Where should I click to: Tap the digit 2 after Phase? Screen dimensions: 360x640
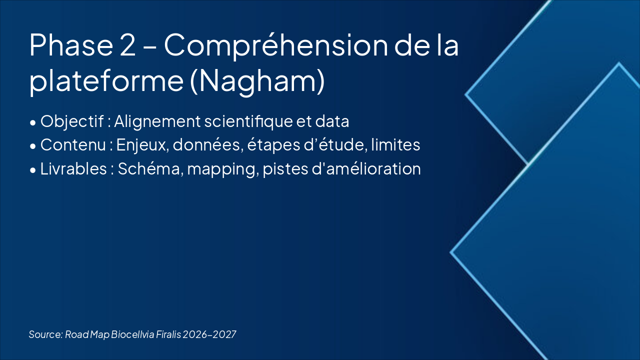[128, 45]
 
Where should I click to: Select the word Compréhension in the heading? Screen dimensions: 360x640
[276, 45]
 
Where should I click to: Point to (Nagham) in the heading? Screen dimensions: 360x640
[257, 81]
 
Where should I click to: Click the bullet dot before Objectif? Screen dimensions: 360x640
[32, 122]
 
